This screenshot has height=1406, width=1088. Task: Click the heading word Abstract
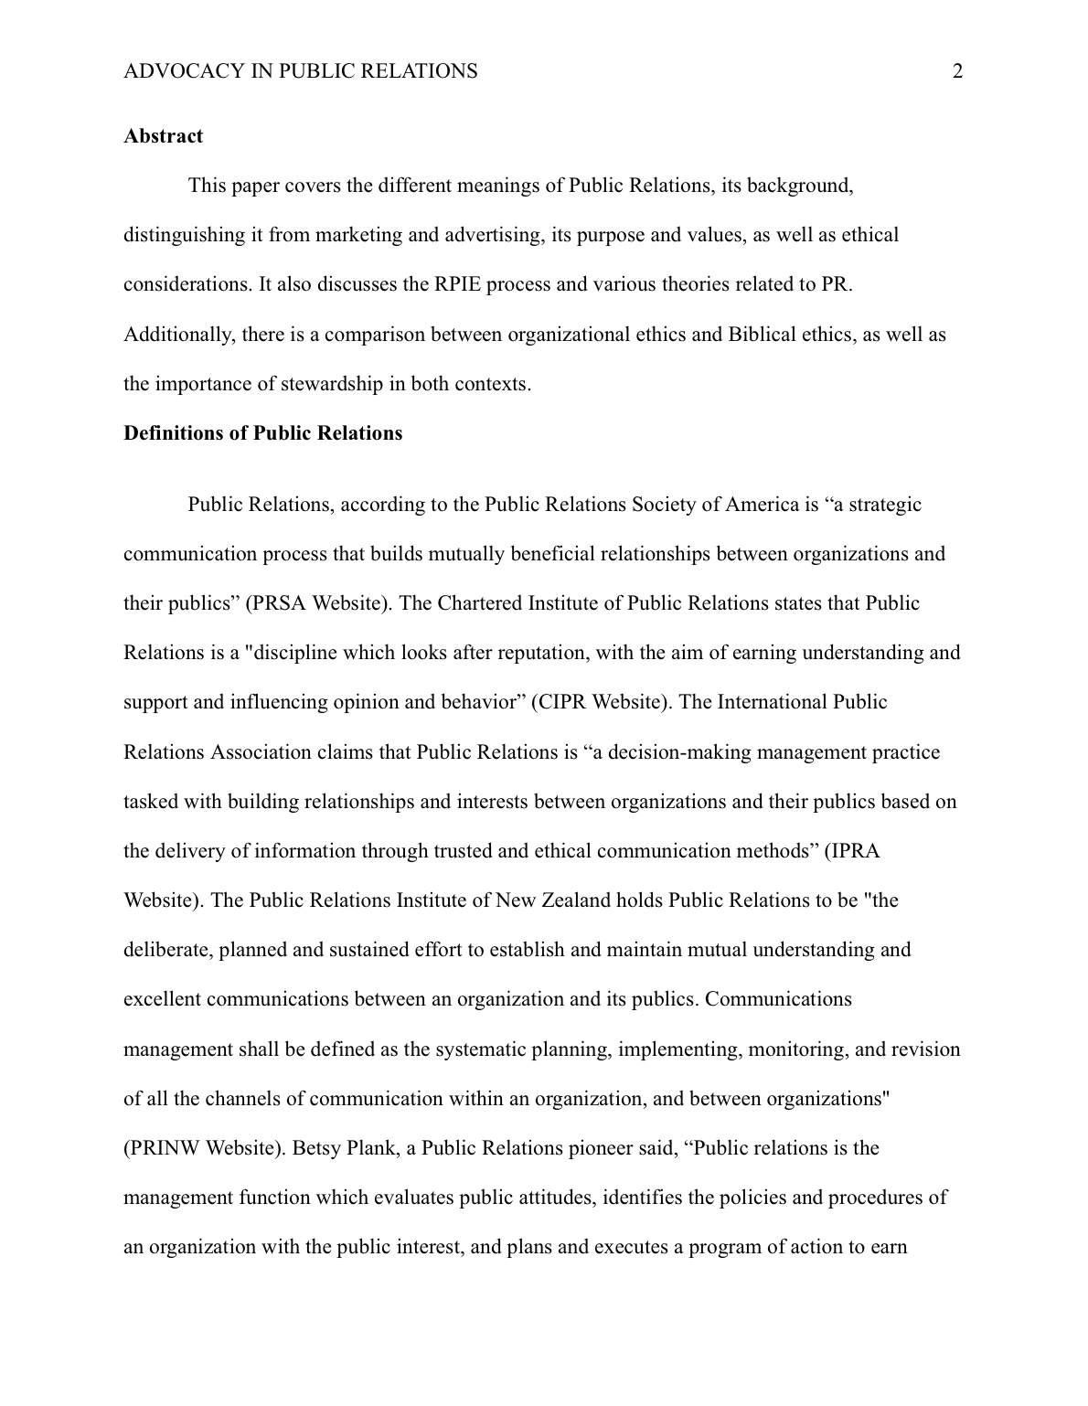(x=163, y=136)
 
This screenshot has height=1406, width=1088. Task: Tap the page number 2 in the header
(x=957, y=71)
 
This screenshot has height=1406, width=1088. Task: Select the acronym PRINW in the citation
(x=165, y=1147)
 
